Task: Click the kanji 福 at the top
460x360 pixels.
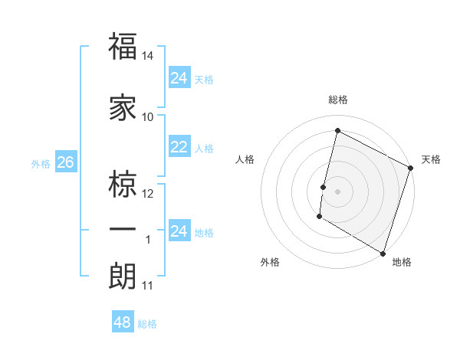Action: (123, 47)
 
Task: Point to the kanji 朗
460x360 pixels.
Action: (123, 275)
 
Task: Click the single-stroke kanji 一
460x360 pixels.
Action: (123, 229)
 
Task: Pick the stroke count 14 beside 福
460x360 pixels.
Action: (148, 56)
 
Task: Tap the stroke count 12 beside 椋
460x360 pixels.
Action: (148, 193)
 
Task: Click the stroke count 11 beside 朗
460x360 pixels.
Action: (148, 286)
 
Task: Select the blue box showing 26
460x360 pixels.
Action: (65, 163)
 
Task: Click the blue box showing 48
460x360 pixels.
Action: (123, 322)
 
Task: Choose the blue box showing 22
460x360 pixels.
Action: (179, 147)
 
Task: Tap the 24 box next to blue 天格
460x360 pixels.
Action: (179, 77)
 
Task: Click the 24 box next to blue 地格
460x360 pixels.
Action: (179, 231)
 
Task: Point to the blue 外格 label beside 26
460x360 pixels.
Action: (41, 164)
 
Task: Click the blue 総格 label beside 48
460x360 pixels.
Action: (147, 324)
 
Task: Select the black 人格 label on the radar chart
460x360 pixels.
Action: (245, 159)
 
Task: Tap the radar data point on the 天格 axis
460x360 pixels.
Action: (410, 169)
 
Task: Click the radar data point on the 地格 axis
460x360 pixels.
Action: (383, 253)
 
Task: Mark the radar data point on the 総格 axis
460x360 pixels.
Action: (337, 130)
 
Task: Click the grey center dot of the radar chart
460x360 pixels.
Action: (337, 191)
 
